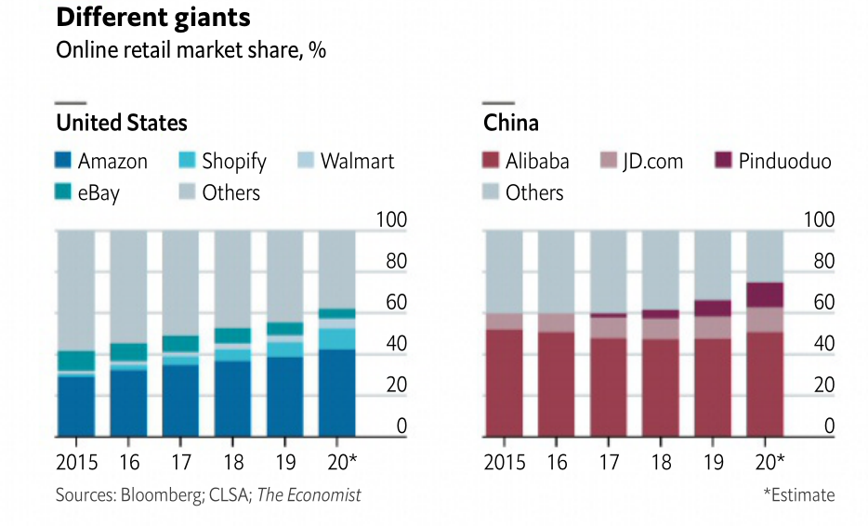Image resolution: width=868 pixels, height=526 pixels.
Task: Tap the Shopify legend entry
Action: [221, 161]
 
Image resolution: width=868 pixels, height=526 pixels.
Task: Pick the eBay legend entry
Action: [87, 192]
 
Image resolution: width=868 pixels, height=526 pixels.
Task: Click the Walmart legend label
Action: [357, 161]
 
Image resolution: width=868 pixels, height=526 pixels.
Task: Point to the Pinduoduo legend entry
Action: [772, 161]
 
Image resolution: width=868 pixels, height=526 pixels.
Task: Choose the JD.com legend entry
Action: [642, 161]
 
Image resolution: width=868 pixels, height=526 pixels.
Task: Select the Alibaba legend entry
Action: [526, 161]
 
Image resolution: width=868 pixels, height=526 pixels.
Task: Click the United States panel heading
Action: [122, 123]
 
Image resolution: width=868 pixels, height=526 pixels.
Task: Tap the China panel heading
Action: [511, 123]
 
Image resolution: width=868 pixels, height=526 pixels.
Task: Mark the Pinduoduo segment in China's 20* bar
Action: [765, 295]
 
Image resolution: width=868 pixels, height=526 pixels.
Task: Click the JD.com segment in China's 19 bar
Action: [713, 327]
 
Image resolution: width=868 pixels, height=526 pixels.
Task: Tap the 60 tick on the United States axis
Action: [397, 303]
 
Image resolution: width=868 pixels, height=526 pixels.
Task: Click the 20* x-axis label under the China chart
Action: [769, 462]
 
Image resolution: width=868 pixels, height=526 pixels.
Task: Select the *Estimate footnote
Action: [798, 494]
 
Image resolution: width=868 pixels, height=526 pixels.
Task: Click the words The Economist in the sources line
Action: [309, 494]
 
